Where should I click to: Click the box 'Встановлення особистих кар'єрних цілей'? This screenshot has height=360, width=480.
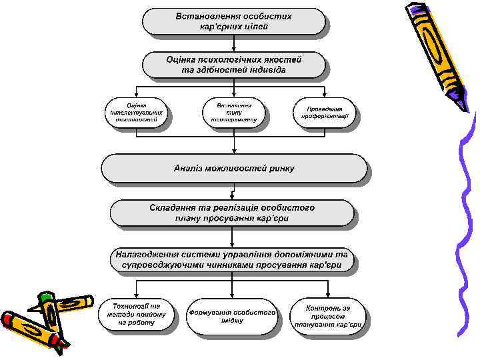coord(234,21)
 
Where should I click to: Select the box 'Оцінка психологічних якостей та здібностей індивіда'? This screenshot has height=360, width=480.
coord(234,65)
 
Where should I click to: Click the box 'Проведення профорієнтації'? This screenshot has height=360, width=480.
coord(325,112)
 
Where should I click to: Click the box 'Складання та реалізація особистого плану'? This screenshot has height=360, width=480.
coord(233,212)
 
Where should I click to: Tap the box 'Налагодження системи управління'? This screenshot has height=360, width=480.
coord(233,260)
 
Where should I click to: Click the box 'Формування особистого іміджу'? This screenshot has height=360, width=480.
coord(232,315)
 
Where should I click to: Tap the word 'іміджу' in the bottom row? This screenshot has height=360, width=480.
coord(231,321)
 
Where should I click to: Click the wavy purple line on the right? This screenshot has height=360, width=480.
coord(467,220)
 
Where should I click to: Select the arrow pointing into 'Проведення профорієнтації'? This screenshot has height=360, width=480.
coord(325,93)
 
